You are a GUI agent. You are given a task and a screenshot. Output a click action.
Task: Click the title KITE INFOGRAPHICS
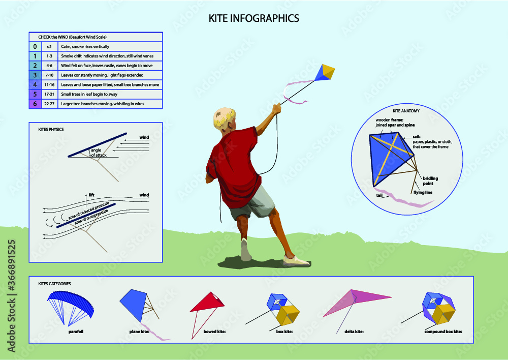(253, 18)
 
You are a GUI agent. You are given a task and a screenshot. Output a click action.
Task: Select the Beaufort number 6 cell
(36, 104)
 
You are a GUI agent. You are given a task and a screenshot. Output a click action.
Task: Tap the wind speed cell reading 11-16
(50, 84)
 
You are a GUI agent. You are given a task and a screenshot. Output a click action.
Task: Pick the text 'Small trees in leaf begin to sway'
(89, 95)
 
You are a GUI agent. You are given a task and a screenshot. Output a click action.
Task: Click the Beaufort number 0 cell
(36, 46)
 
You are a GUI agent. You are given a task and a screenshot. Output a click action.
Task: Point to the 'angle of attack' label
(99, 153)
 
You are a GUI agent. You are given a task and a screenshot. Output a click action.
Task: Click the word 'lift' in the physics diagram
(91, 195)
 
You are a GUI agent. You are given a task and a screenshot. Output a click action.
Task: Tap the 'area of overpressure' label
(91, 217)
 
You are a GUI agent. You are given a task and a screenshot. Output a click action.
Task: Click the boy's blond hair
(224, 117)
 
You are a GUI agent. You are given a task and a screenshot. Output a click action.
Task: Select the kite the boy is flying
(325, 73)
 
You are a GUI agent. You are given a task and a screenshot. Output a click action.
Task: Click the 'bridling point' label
(430, 181)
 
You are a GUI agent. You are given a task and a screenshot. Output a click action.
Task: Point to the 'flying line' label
(423, 192)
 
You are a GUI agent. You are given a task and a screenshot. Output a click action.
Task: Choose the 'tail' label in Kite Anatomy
(379, 195)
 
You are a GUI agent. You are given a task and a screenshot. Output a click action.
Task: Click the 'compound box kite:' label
(443, 332)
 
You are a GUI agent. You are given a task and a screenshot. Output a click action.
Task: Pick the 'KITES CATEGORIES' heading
(54, 284)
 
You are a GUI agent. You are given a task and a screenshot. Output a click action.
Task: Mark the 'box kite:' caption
(284, 332)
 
